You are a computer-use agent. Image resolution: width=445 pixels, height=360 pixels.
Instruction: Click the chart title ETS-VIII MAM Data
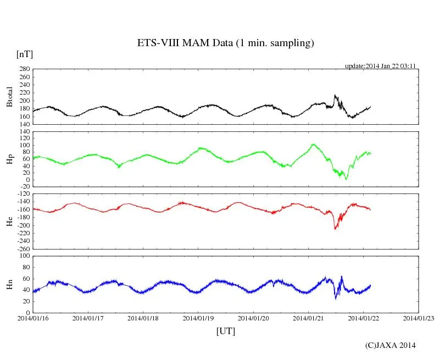tap(225, 43)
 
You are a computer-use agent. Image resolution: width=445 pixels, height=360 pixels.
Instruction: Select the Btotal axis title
tap(9, 97)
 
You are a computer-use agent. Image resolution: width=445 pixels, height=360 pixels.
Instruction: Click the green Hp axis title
tap(9, 159)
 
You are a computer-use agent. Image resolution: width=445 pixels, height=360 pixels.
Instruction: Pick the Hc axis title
tap(9, 221)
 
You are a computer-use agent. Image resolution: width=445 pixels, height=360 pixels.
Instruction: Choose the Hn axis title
tap(9, 284)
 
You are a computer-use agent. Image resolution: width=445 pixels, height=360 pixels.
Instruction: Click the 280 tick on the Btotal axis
tap(24, 69)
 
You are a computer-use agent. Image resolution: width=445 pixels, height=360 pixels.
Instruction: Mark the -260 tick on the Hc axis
tap(22, 249)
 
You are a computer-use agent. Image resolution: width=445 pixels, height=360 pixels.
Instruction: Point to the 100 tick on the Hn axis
tap(24, 256)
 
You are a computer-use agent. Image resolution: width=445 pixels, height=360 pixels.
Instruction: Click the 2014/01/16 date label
tap(32, 318)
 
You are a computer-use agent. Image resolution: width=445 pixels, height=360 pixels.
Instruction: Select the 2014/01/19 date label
tap(198, 318)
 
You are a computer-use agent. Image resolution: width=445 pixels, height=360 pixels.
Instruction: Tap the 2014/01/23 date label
tap(419, 318)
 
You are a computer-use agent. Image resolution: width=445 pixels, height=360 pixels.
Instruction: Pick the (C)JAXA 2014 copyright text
tap(390, 345)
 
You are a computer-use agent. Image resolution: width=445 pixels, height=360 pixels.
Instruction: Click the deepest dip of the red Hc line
tap(335, 228)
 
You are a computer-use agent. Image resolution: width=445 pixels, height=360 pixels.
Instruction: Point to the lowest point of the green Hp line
tap(346, 179)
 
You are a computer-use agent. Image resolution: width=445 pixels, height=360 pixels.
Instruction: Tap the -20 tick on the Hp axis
tap(23, 187)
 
